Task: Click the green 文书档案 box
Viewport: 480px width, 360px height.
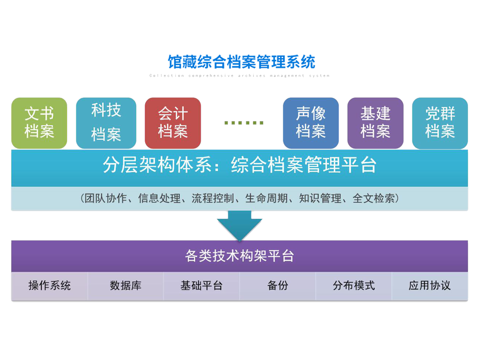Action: (39, 123)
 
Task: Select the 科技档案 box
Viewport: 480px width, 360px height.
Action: (106, 123)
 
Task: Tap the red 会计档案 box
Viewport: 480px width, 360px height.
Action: (173, 123)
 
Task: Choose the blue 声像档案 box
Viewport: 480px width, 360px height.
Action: (311, 123)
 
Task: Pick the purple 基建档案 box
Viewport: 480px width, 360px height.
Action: (375, 123)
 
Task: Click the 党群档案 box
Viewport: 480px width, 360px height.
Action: (440, 123)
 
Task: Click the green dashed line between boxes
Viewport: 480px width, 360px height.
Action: (242, 122)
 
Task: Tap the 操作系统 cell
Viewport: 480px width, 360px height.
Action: (50, 286)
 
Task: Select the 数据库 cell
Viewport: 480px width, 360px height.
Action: (126, 286)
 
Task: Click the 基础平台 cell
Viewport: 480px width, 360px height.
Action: (201, 286)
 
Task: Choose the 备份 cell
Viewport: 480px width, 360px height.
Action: (278, 286)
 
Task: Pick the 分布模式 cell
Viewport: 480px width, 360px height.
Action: (354, 286)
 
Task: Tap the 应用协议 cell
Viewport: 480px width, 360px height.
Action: (430, 286)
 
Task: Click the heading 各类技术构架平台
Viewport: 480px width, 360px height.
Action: (240, 256)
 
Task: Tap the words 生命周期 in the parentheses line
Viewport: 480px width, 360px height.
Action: (266, 198)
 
